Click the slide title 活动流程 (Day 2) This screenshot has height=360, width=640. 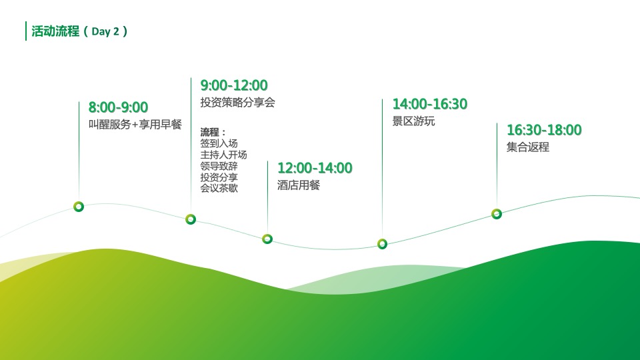[x=79, y=31]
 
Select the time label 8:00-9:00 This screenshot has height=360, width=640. [x=119, y=107]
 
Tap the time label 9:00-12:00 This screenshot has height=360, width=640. [x=234, y=85]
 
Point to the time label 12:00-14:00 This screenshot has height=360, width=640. [x=315, y=168]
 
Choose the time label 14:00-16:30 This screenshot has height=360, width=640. [x=430, y=104]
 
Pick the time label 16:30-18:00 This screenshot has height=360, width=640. [x=544, y=130]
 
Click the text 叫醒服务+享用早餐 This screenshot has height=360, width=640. [x=135, y=125]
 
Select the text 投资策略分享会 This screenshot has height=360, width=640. [x=237, y=103]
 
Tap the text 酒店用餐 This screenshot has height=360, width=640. [x=299, y=185]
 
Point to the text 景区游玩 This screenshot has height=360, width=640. [x=413, y=121]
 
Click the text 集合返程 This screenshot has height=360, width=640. [x=528, y=147]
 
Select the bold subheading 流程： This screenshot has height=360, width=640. [x=213, y=132]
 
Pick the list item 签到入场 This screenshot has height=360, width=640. [x=219, y=143]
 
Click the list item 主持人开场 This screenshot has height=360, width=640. [x=223, y=155]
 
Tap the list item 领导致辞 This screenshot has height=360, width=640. [x=219, y=166]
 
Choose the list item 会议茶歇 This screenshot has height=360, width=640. [x=219, y=188]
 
